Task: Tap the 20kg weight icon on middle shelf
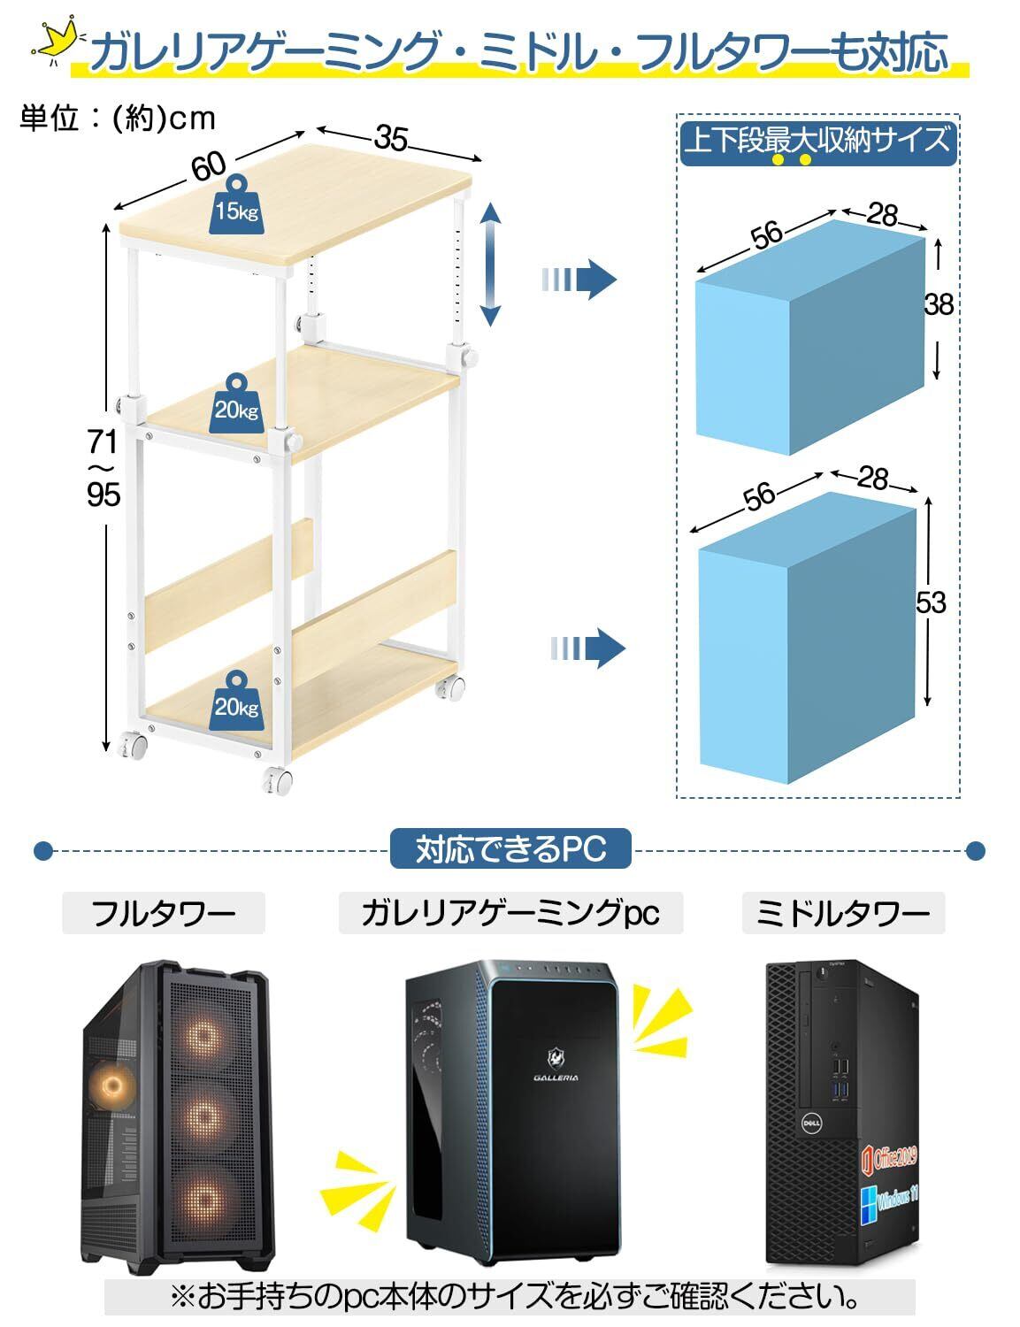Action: [x=236, y=403]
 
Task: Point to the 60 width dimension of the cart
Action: [x=210, y=165]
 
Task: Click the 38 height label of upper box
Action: [x=938, y=304]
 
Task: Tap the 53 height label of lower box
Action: [x=931, y=602]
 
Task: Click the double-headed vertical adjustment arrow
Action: [x=491, y=264]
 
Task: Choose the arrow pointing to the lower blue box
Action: [x=587, y=648]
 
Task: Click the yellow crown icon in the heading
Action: [x=51, y=42]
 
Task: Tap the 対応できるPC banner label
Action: [x=510, y=850]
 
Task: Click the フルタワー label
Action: [x=164, y=913]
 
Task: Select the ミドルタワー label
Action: [x=842, y=913]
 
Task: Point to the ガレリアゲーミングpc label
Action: [x=510, y=913]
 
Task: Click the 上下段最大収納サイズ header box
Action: [x=817, y=142]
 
